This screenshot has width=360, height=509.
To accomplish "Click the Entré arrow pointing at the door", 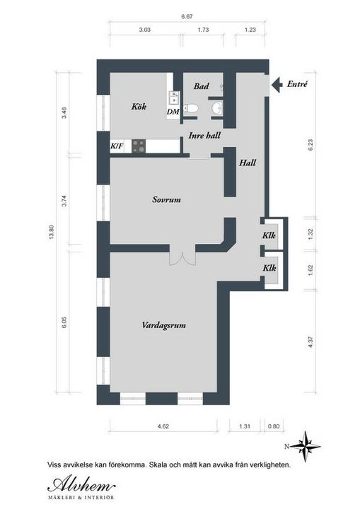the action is (x=277, y=85).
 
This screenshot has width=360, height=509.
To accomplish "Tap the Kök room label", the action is (x=139, y=107).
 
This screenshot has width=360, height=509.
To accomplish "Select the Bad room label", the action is (x=201, y=86).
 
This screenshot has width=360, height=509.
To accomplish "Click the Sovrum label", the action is (x=166, y=199).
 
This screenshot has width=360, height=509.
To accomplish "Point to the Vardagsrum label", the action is (x=164, y=325).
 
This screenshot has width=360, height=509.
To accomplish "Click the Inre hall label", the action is (x=204, y=135).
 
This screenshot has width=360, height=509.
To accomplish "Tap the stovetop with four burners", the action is (x=139, y=146).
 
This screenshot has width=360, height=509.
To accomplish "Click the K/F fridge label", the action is (x=117, y=146).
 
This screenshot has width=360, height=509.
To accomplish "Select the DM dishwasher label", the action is (x=173, y=112).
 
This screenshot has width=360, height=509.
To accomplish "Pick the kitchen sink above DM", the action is (x=174, y=98).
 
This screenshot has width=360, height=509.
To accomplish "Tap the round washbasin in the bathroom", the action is (x=216, y=107).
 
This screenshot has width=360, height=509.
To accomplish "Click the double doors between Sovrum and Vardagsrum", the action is (x=182, y=259).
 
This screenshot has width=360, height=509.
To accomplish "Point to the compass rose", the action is (x=306, y=447).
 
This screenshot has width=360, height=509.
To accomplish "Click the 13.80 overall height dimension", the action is (x=51, y=232).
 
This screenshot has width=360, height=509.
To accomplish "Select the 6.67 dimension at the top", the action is (x=187, y=16).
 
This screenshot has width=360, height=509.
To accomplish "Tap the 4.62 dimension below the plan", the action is (x=163, y=426).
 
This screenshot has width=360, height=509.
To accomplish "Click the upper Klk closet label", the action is (x=269, y=235).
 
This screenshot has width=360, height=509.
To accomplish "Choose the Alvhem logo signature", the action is (x=81, y=485).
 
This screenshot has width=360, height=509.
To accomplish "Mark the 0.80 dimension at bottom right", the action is (x=274, y=426).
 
